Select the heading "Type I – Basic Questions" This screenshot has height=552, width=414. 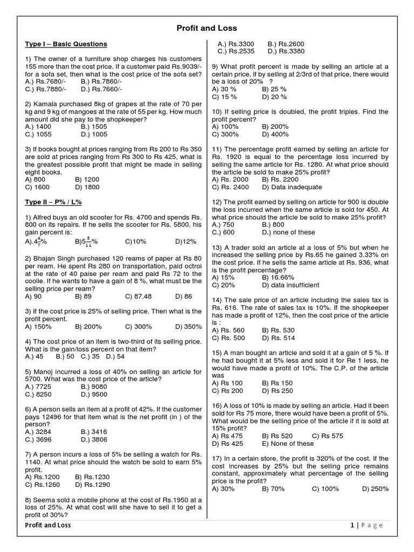(x=66, y=44)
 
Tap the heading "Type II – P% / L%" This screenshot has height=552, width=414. (x=54, y=202)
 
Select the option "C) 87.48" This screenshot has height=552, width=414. (x=138, y=296)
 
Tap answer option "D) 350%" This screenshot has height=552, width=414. (x=189, y=327)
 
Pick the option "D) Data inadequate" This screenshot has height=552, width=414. (x=292, y=187)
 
